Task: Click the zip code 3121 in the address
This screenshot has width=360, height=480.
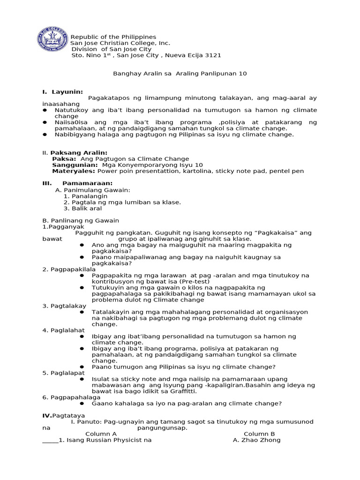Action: (213, 55)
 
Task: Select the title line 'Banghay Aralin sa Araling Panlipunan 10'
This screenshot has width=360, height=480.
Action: (180, 74)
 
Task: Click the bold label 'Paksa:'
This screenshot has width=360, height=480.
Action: (65, 159)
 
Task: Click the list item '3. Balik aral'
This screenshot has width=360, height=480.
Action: (82, 208)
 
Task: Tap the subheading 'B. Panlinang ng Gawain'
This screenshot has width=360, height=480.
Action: (81, 220)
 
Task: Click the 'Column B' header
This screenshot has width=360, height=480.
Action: (259, 434)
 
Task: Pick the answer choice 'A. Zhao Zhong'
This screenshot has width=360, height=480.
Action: (256, 440)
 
